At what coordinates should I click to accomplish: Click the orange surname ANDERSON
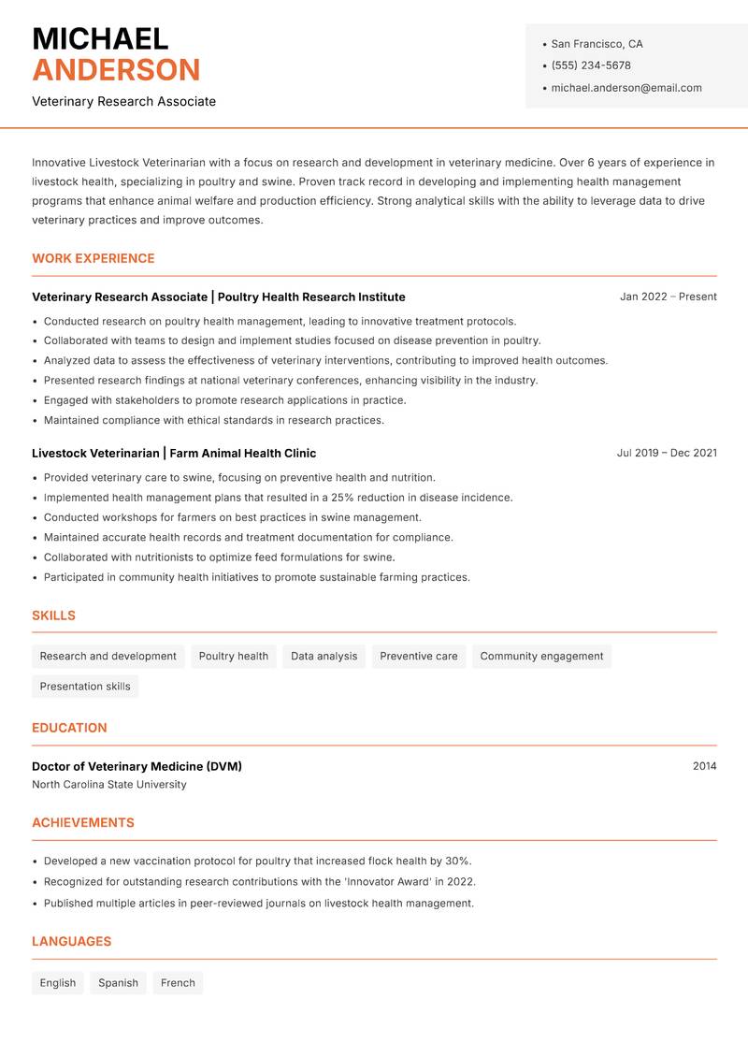[x=116, y=70]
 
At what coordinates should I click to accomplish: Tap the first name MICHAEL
[x=100, y=38]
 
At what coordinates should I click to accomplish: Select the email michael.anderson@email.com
[x=626, y=88]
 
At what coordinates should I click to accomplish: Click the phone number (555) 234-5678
[x=590, y=65]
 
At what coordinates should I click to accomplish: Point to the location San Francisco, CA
[x=597, y=44]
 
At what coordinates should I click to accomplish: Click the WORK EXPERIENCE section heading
[x=93, y=258]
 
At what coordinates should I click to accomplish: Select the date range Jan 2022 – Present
[x=668, y=297]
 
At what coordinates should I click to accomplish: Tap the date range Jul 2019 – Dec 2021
[x=667, y=453]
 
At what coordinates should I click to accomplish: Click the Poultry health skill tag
[x=234, y=656]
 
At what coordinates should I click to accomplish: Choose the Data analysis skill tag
[x=324, y=656]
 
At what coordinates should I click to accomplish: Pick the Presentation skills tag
[x=85, y=686]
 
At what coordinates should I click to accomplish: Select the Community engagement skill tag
[x=541, y=656]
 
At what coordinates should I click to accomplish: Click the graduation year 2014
[x=704, y=766]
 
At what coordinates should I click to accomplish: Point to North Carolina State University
[x=109, y=785]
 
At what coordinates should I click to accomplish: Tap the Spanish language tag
[x=118, y=982]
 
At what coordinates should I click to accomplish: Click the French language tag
[x=178, y=982]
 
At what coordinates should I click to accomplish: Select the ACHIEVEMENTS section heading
[x=83, y=822]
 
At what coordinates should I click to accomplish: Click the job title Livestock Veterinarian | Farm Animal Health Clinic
[x=174, y=453]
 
